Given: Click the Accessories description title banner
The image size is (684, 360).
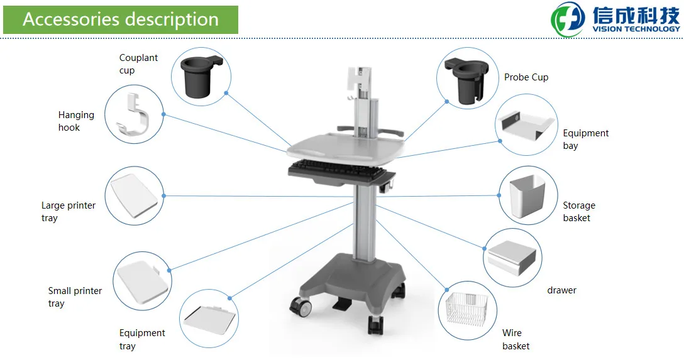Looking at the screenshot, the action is (x=121, y=19).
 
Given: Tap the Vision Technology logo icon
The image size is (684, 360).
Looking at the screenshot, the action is (x=568, y=19).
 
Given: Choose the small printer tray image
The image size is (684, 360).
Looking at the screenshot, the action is (x=142, y=281).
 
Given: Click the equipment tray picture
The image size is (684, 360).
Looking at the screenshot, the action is (x=209, y=320).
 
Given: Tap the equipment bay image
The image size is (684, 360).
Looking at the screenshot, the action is (x=526, y=125).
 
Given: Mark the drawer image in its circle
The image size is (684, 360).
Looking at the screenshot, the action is (x=512, y=257).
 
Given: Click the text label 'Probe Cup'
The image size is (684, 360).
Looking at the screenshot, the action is (x=526, y=77).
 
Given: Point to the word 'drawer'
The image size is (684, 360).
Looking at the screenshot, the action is (x=561, y=290).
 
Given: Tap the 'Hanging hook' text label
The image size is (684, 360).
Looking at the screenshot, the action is (x=76, y=121).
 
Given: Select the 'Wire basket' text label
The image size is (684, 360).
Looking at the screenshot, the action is (x=516, y=339).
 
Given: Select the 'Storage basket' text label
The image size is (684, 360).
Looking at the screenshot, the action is (x=578, y=211).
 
